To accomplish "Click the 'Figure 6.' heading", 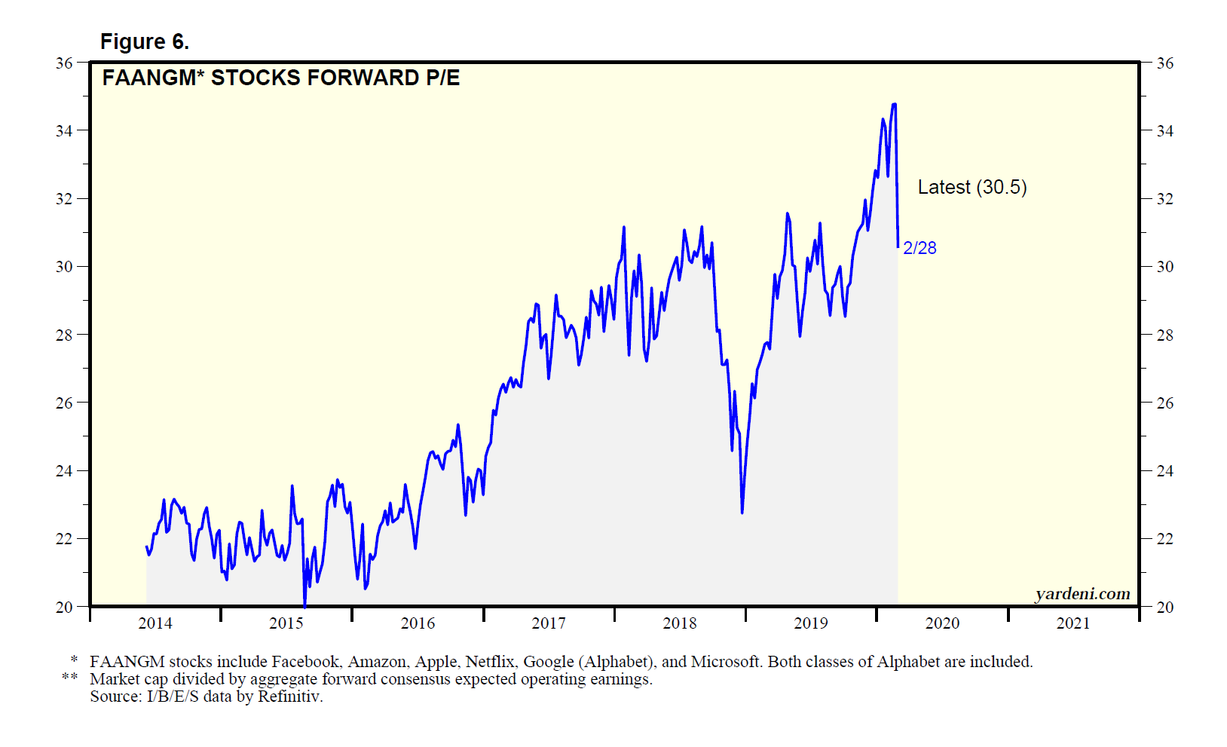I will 144,41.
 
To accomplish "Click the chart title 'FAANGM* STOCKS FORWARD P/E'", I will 280,78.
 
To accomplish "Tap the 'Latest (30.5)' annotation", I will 972,187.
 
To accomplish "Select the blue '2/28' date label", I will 919,248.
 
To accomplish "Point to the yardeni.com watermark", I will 1082,594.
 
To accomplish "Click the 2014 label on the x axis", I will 155,623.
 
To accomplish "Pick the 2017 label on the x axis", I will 549,623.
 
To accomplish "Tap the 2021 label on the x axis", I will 1073,623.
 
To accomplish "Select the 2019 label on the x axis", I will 811,623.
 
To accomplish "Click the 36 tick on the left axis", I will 64,63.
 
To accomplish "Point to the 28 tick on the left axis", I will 64,335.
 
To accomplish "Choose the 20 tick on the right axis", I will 1164,607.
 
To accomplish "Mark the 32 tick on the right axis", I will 1164,199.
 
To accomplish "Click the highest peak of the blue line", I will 894,105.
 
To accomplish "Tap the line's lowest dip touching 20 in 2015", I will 304,605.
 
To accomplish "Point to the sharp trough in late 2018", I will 742,512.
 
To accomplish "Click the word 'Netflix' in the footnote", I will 490,662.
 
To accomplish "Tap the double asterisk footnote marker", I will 70,678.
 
